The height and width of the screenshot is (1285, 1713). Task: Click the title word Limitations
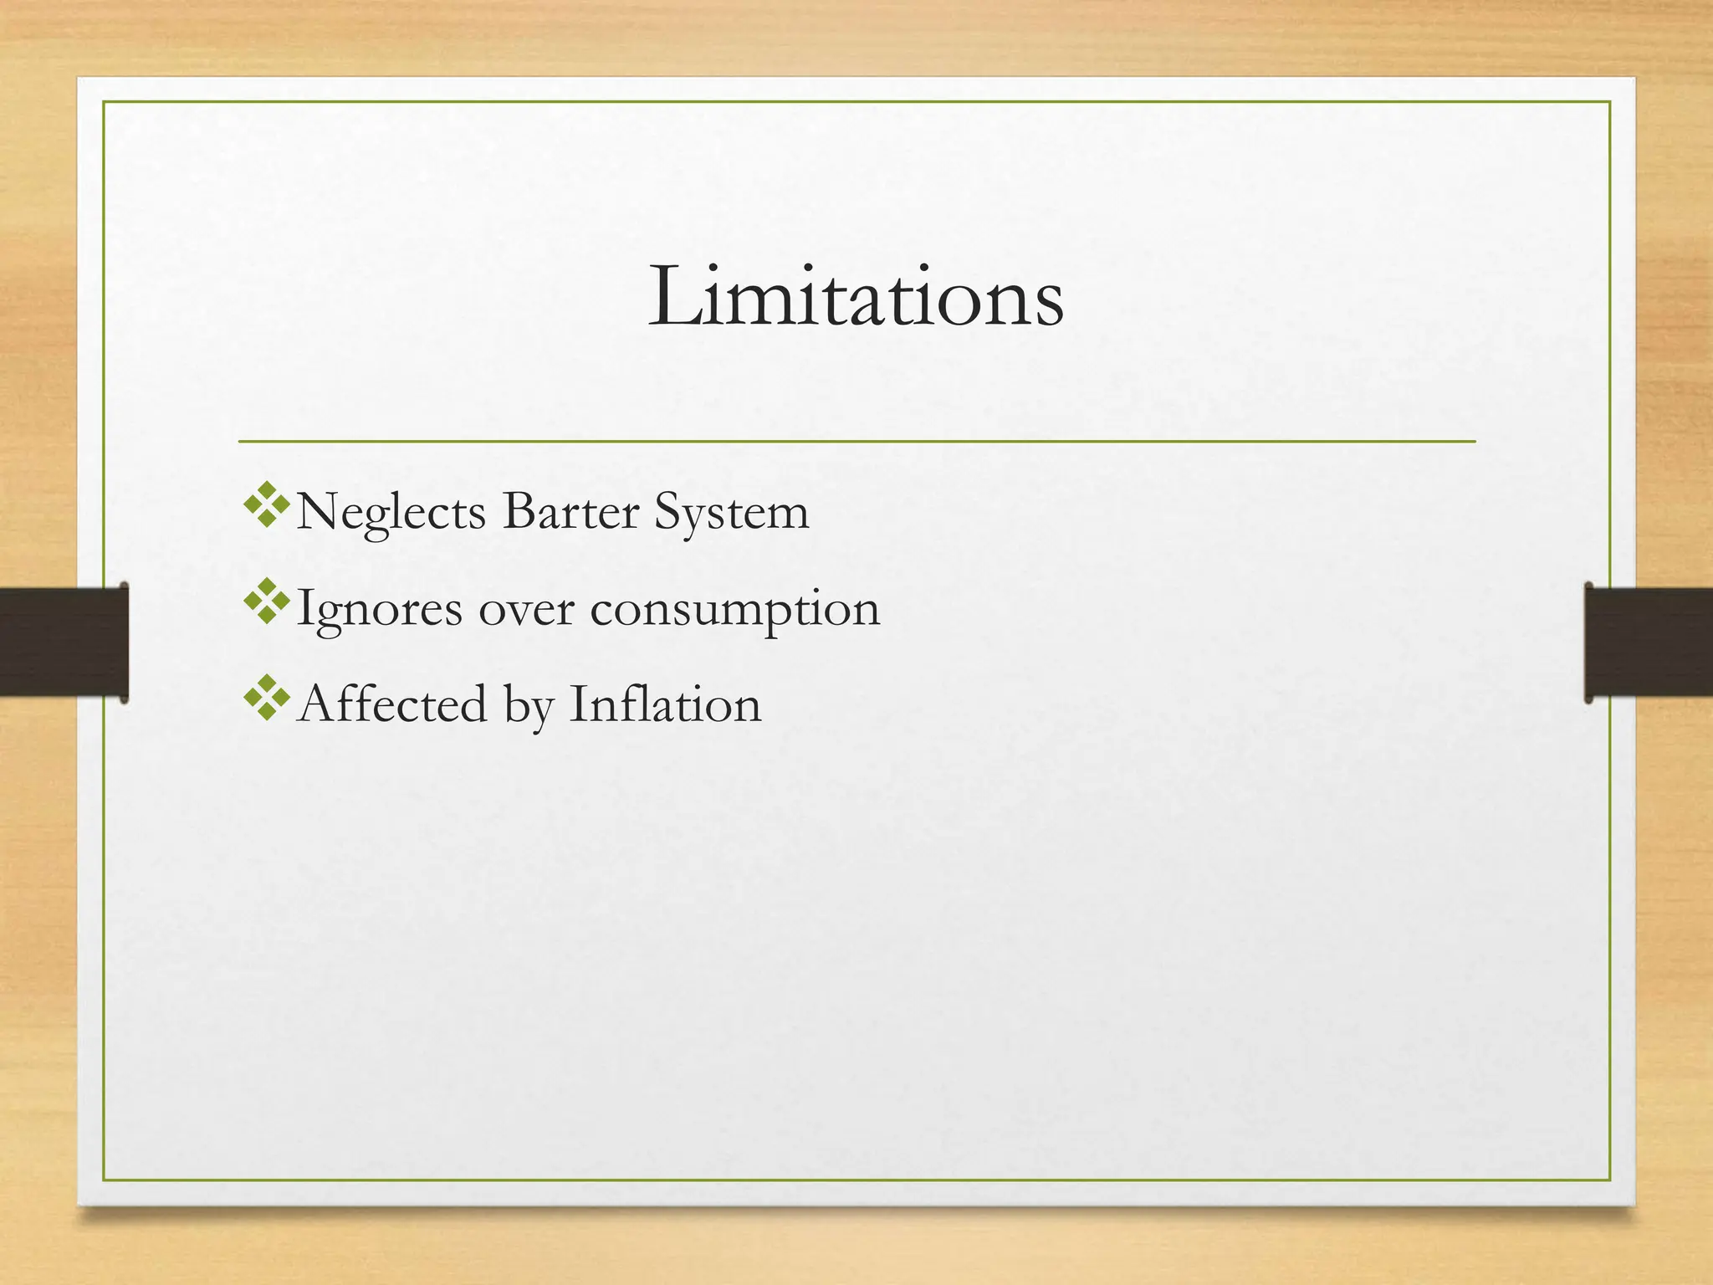(856, 297)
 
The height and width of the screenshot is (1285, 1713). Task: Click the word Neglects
(391, 512)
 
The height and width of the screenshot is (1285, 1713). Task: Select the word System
(732, 512)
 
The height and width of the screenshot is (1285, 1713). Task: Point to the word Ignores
(379, 609)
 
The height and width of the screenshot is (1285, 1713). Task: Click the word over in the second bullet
(526, 609)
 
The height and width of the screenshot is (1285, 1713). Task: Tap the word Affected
(391, 704)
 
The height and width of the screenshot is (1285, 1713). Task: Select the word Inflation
(665, 704)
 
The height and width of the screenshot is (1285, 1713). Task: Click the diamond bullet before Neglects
(266, 504)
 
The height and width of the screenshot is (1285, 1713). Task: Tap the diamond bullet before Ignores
(266, 601)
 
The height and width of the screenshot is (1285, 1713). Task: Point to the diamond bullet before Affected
(266, 697)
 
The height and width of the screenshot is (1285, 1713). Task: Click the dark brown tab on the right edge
(1649, 642)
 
